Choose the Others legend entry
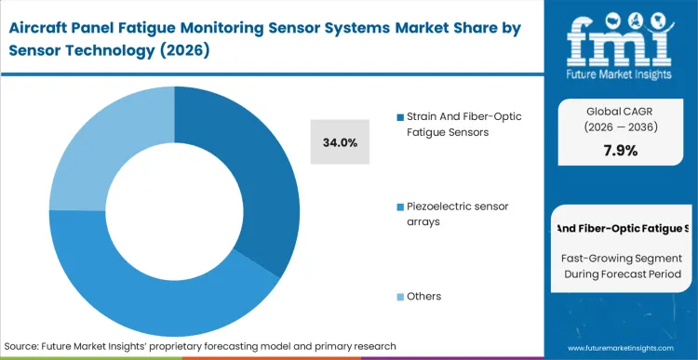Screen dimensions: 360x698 click(x=423, y=296)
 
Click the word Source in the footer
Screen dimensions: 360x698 click(x=24, y=346)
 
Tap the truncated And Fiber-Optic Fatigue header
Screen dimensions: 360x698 click(x=621, y=228)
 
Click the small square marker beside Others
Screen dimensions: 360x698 click(x=400, y=297)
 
